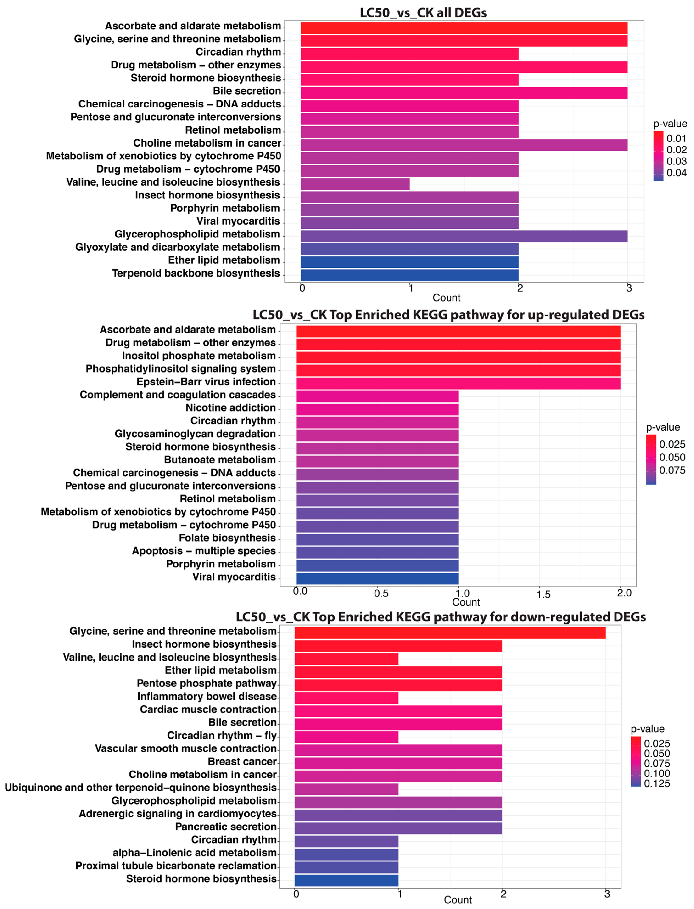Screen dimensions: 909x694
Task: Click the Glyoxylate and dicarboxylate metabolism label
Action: pos(178,247)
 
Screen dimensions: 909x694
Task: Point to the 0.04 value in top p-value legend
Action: pos(676,173)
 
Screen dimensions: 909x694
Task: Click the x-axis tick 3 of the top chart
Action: pos(629,288)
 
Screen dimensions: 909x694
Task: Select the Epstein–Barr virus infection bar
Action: pos(458,383)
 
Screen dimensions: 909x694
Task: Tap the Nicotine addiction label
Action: pos(230,408)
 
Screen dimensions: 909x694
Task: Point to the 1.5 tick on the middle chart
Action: pos(543,594)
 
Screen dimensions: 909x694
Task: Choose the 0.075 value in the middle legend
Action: pos(672,470)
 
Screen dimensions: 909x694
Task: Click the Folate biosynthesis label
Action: pos(227,538)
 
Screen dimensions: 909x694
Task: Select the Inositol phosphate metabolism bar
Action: pos(458,357)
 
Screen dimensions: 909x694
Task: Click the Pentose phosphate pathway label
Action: pos(207,683)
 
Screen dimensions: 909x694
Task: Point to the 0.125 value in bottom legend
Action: pos(657,783)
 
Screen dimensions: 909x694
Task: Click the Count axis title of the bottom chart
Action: pos(458,900)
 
